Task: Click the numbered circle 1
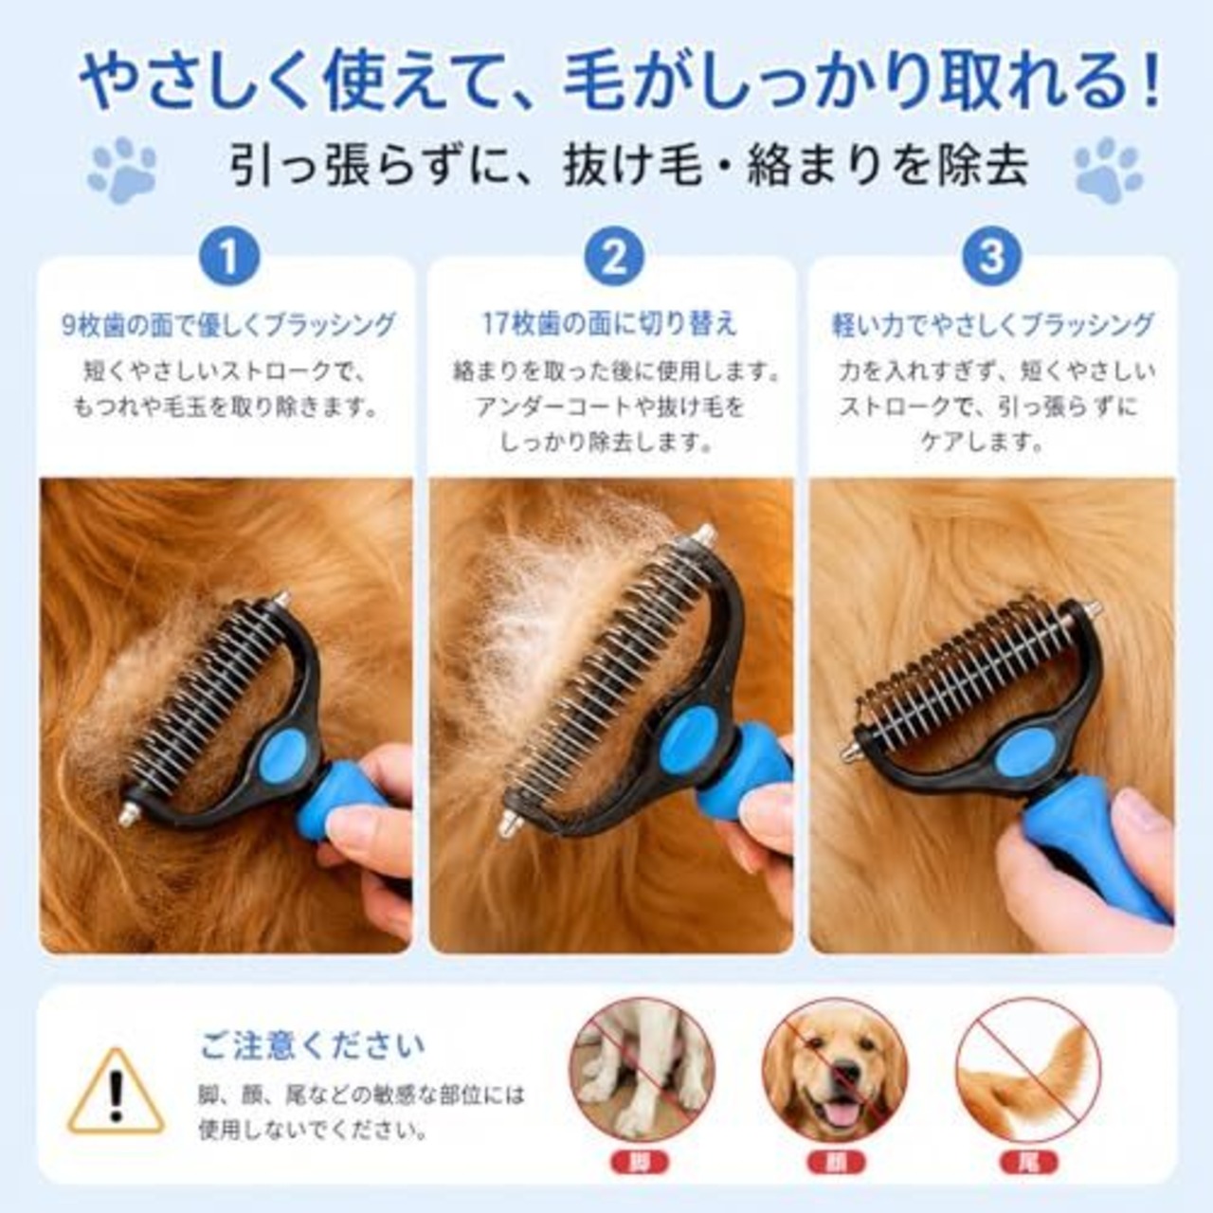point(229,257)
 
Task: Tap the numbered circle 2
point(614,257)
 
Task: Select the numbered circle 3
point(992,257)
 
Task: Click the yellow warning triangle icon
point(116,1092)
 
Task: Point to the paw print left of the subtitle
point(123,170)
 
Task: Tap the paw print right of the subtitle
point(1108,170)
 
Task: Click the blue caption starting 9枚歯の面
point(228,325)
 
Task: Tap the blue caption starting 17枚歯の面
point(609,325)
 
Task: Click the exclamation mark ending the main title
point(1151,81)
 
